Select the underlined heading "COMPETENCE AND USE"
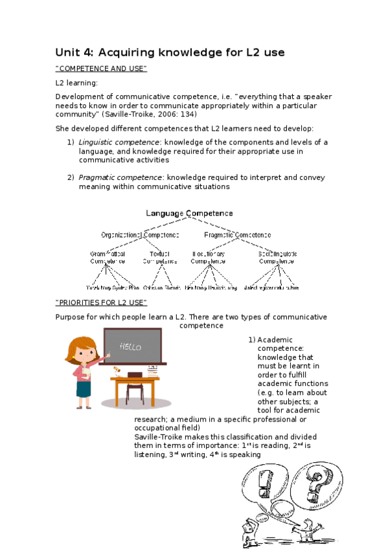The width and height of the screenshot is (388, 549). click(102, 69)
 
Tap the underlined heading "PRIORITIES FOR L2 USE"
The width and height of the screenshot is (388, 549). click(102, 303)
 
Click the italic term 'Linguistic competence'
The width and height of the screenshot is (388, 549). click(119, 142)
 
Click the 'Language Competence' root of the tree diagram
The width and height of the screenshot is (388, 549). click(189, 213)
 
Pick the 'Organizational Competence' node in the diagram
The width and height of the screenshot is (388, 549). click(140, 234)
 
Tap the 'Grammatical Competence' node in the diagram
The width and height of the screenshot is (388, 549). click(108, 258)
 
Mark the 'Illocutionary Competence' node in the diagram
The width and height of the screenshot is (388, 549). click(208, 258)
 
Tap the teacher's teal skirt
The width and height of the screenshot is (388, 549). click(84, 389)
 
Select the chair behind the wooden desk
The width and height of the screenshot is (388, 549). click(134, 392)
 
